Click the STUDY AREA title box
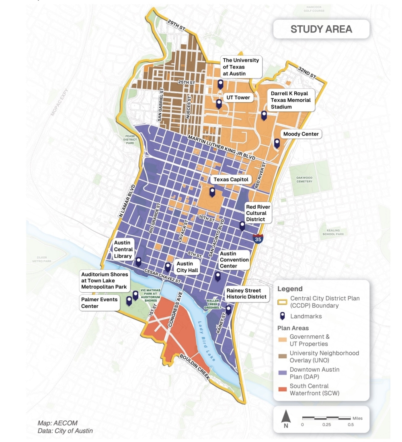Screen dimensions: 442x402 [x=321, y=29]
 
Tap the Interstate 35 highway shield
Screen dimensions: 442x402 [x=258, y=238]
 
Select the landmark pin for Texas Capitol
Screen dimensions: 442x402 [x=212, y=192]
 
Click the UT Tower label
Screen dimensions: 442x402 [x=238, y=97]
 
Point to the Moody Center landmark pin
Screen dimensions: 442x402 [x=277, y=143]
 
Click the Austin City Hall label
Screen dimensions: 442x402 [x=188, y=267]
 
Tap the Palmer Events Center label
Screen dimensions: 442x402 [x=99, y=303]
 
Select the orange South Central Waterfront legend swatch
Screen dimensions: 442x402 [x=283, y=389]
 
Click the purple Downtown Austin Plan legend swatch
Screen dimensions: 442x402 [x=283, y=373]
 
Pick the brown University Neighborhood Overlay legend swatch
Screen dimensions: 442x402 [x=283, y=356]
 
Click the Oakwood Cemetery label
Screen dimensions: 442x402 [x=304, y=179]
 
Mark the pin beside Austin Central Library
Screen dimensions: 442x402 [x=138, y=261]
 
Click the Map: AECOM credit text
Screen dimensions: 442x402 [x=57, y=423]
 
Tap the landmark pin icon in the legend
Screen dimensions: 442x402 [x=283, y=316]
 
